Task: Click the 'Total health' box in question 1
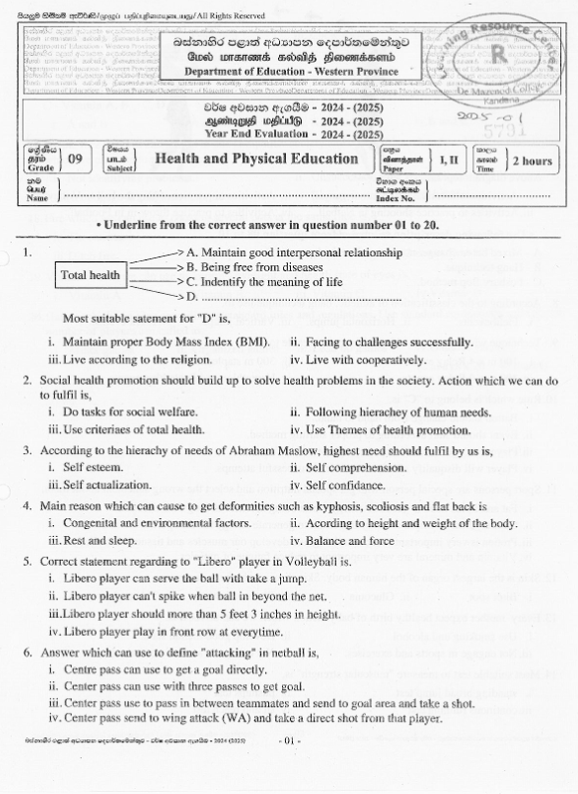[x=91, y=275]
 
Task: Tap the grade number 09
[x=76, y=158]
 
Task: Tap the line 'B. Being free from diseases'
[x=254, y=267]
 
